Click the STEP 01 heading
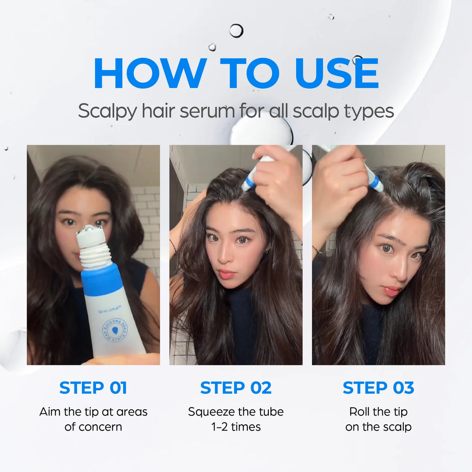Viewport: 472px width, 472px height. pyautogui.click(x=93, y=388)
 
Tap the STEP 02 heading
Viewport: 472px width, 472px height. pyautogui.click(x=236, y=388)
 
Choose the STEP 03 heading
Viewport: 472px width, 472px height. pyautogui.click(x=378, y=388)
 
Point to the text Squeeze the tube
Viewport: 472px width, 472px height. pyautogui.click(x=236, y=412)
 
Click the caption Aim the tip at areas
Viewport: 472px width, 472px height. pyautogui.click(x=93, y=412)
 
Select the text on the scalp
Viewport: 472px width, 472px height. pyautogui.click(x=378, y=427)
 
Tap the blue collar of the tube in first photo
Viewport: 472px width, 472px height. pyautogui.click(x=102, y=280)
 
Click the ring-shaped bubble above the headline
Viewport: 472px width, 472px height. pyautogui.click(x=236, y=31)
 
